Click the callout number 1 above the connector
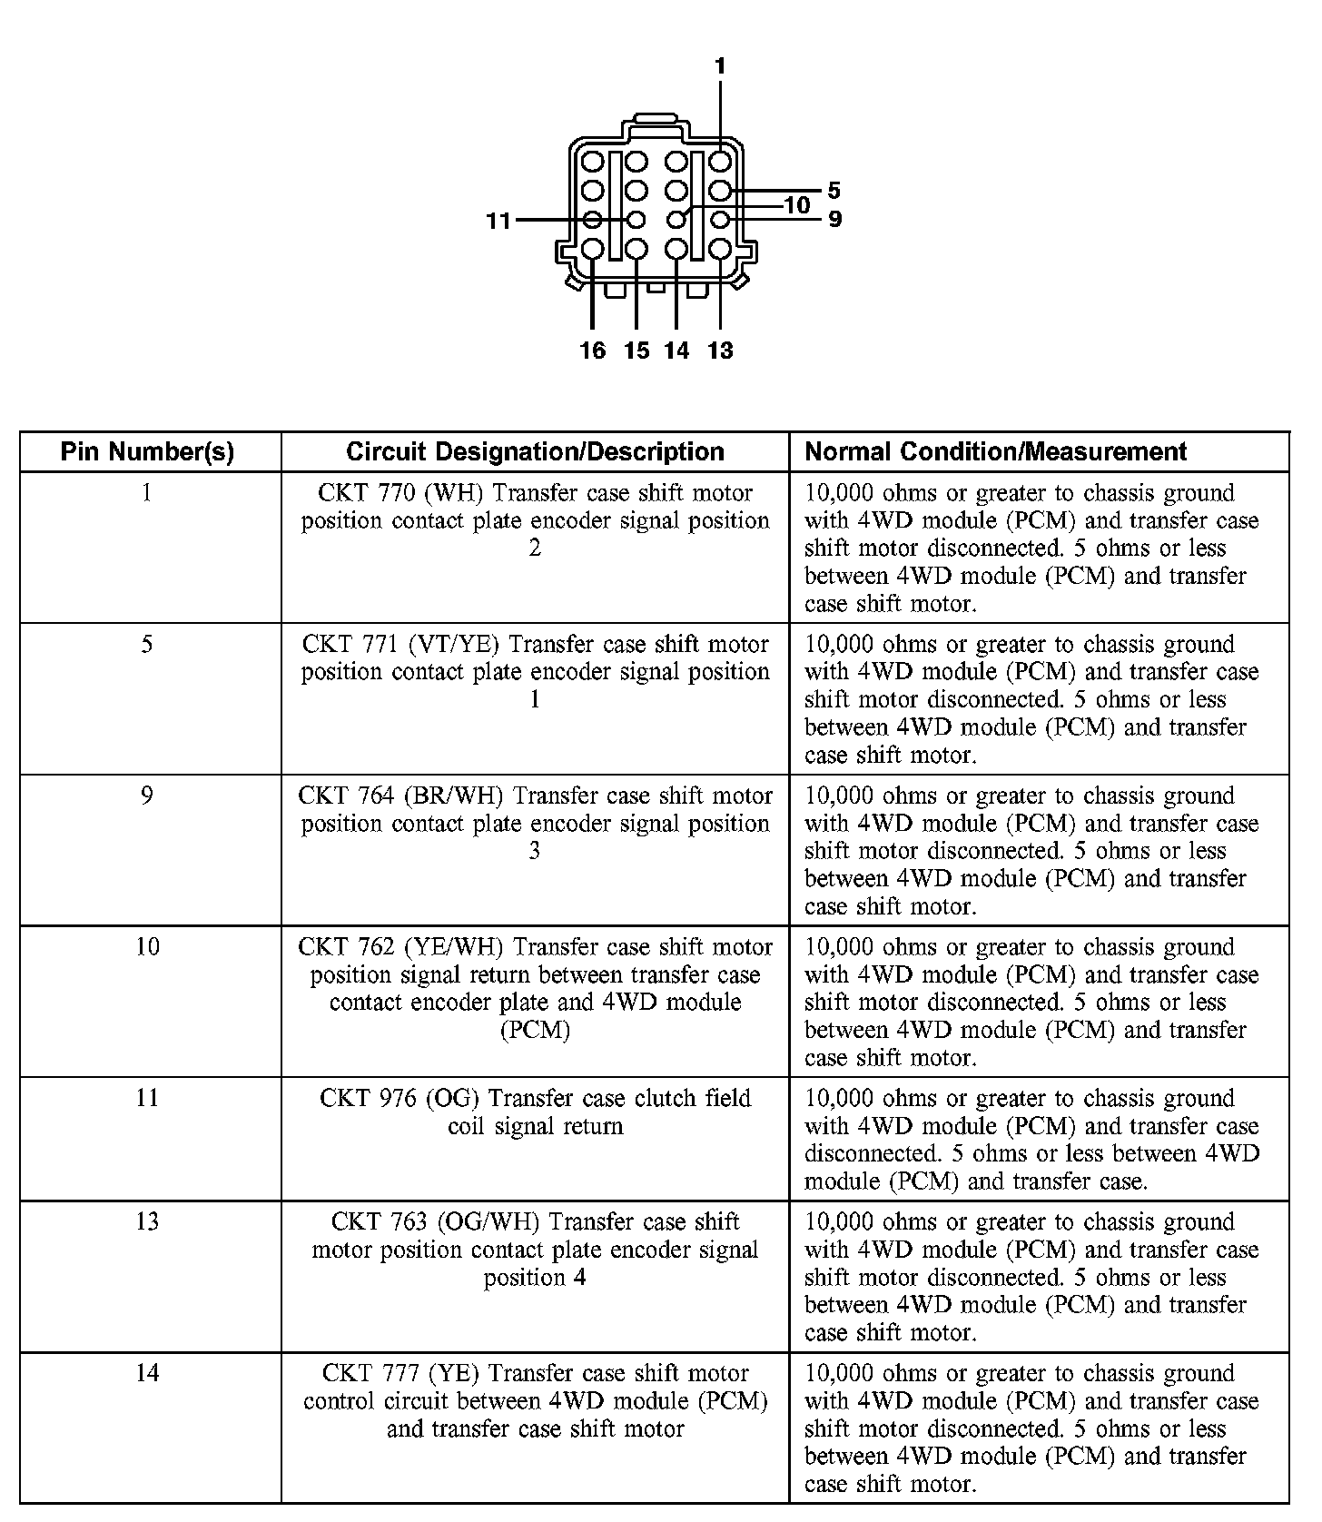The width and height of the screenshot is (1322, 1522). coord(720,66)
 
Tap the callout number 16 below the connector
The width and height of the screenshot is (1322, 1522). coord(592,351)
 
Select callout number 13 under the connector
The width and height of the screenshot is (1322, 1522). coord(720,351)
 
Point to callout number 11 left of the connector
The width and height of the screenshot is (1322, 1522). coord(498,221)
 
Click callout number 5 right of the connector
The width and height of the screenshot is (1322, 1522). coord(834,191)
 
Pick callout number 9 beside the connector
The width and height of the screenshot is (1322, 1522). coord(834,220)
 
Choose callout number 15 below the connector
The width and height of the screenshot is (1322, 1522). coord(636,351)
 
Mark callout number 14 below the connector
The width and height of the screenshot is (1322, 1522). coord(676,351)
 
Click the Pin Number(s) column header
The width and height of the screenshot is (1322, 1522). coord(148,451)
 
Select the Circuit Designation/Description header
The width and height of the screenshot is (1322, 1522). coord(535,451)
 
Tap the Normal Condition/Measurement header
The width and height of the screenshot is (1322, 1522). coord(996,451)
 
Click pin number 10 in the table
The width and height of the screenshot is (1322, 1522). coord(147,947)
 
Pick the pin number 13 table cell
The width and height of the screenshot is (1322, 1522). coord(147,1221)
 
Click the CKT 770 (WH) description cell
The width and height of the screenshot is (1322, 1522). coord(535,520)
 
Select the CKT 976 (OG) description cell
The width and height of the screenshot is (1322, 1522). coord(535,1112)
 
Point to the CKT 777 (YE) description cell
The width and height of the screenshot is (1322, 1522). coord(535,1401)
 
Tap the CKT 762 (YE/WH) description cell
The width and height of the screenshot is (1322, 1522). coord(535,988)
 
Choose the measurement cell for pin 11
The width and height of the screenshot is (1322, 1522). coord(1031,1140)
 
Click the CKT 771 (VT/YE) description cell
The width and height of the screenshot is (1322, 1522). coord(535,672)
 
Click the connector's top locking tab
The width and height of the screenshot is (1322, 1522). coord(654,118)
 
